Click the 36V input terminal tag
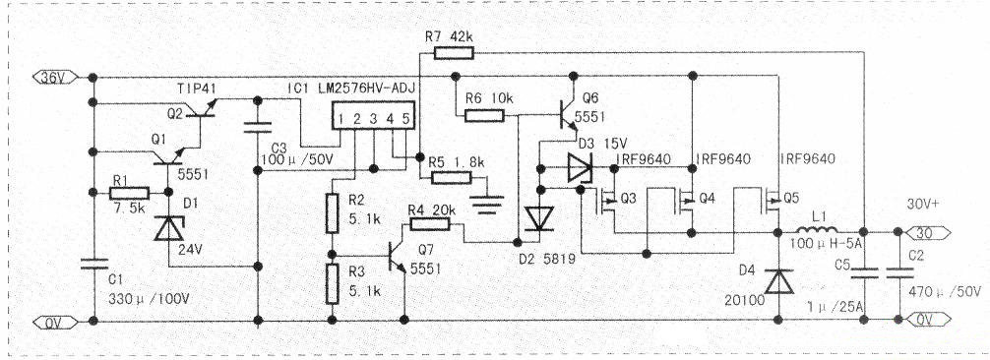pos(55,77)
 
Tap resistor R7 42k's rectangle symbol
pos(454,53)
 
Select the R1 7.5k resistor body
pos(130,193)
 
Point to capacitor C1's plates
pos(93,263)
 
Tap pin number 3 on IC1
pos(373,118)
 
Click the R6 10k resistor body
pos(485,116)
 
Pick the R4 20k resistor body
pos(429,224)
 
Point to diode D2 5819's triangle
pos(540,219)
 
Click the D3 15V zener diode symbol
pos(580,168)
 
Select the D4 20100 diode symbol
pos(778,281)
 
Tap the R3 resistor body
pos(332,284)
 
